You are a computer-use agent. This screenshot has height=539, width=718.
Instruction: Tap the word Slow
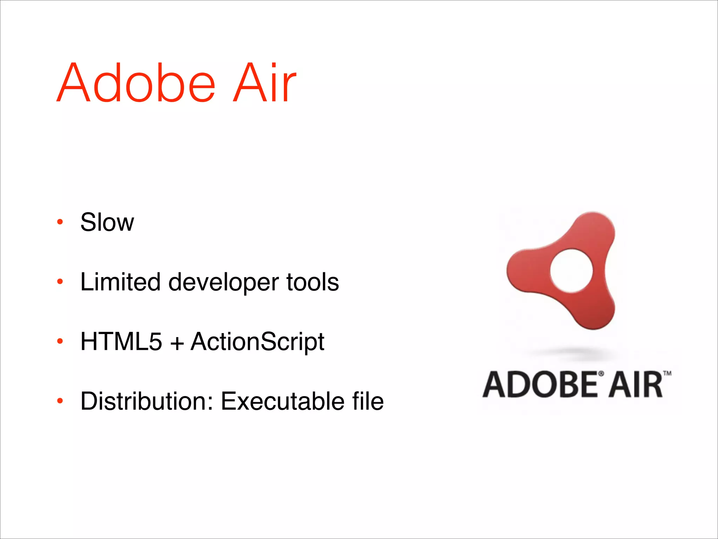coord(107,222)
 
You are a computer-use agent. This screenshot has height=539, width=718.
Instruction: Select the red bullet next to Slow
coord(60,222)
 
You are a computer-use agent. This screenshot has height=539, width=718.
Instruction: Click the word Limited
coord(120,282)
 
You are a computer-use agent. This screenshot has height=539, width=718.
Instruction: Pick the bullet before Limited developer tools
coord(60,281)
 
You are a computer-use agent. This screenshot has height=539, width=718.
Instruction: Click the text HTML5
coord(121,341)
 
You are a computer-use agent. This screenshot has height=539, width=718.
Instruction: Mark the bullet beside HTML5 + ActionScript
coord(60,341)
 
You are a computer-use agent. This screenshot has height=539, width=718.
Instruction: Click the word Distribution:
coord(147,401)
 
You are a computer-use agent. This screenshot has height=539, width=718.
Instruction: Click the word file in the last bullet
coord(368,401)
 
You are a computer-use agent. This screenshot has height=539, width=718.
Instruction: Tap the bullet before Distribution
coord(60,401)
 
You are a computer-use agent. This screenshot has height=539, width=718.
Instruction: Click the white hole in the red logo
coord(571,271)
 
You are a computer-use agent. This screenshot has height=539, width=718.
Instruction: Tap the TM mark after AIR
coord(667,373)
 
